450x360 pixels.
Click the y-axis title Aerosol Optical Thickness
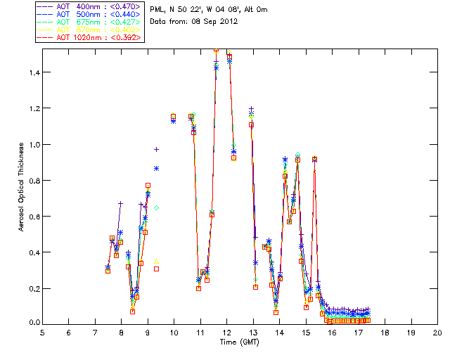pos(21,186)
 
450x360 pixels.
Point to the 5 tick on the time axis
pos(42,333)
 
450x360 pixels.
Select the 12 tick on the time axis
pos(226,333)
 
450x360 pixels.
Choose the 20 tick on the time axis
pos(437,333)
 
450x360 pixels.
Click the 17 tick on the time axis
pos(359,333)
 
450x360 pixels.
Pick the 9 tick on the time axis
pos(148,333)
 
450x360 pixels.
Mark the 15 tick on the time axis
pos(306,333)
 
